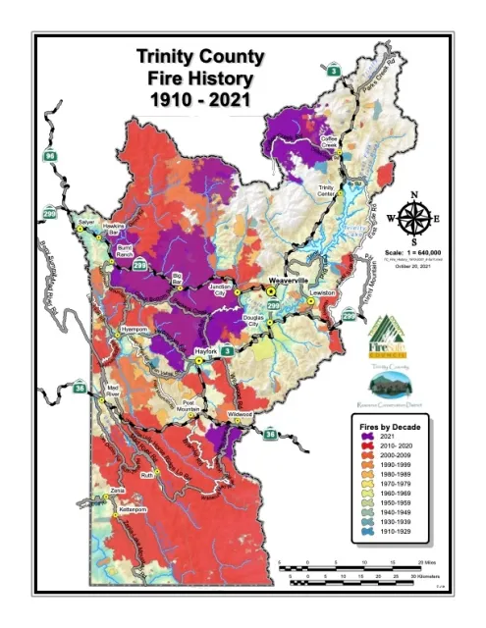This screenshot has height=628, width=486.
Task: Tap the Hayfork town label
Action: [204, 350]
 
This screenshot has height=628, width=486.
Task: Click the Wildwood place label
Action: [241, 415]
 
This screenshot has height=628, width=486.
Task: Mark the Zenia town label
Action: [118, 488]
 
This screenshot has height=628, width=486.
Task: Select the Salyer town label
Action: [86, 222]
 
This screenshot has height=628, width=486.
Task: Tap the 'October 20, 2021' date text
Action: [413, 266]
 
